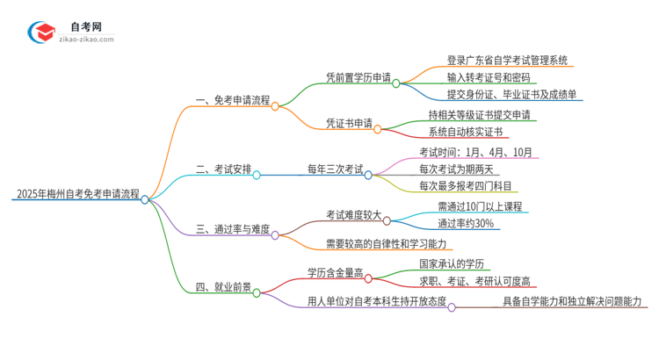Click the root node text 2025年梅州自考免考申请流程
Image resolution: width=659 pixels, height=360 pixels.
76,194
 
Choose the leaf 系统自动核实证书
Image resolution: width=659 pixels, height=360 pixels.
466,132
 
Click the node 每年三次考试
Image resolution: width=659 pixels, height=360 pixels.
335,169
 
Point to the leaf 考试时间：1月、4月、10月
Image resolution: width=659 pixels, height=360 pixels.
475,153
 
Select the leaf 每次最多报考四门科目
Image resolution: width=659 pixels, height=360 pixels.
466,186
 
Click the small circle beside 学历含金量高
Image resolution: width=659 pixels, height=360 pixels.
368,277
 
